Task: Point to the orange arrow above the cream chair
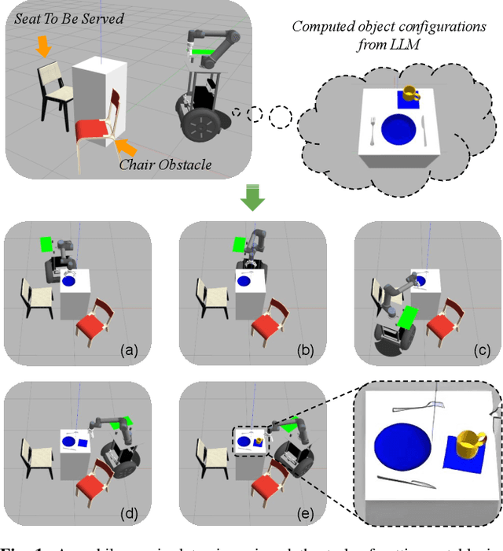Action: point(44,48)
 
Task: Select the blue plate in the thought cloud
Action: point(397,128)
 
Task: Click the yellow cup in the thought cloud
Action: point(409,96)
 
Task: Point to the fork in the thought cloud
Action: point(425,129)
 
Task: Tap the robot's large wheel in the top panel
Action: point(202,126)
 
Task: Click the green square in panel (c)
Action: point(408,318)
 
